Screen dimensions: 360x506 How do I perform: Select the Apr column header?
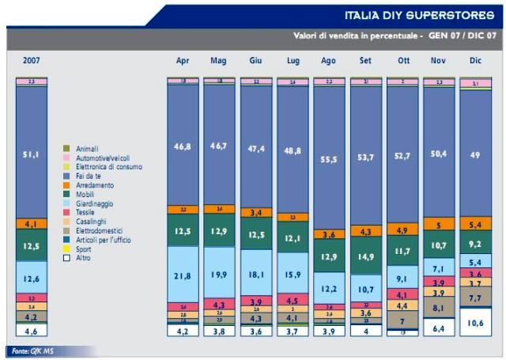(182, 60)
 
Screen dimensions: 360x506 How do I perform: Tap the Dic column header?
(475, 60)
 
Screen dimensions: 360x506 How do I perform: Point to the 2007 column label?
(32, 60)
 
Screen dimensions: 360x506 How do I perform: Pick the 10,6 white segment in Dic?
(475, 323)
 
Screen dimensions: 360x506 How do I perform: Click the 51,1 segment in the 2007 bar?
(32, 155)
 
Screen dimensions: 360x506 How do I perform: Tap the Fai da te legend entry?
(89, 175)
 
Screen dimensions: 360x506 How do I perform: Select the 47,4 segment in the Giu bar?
(255, 148)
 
